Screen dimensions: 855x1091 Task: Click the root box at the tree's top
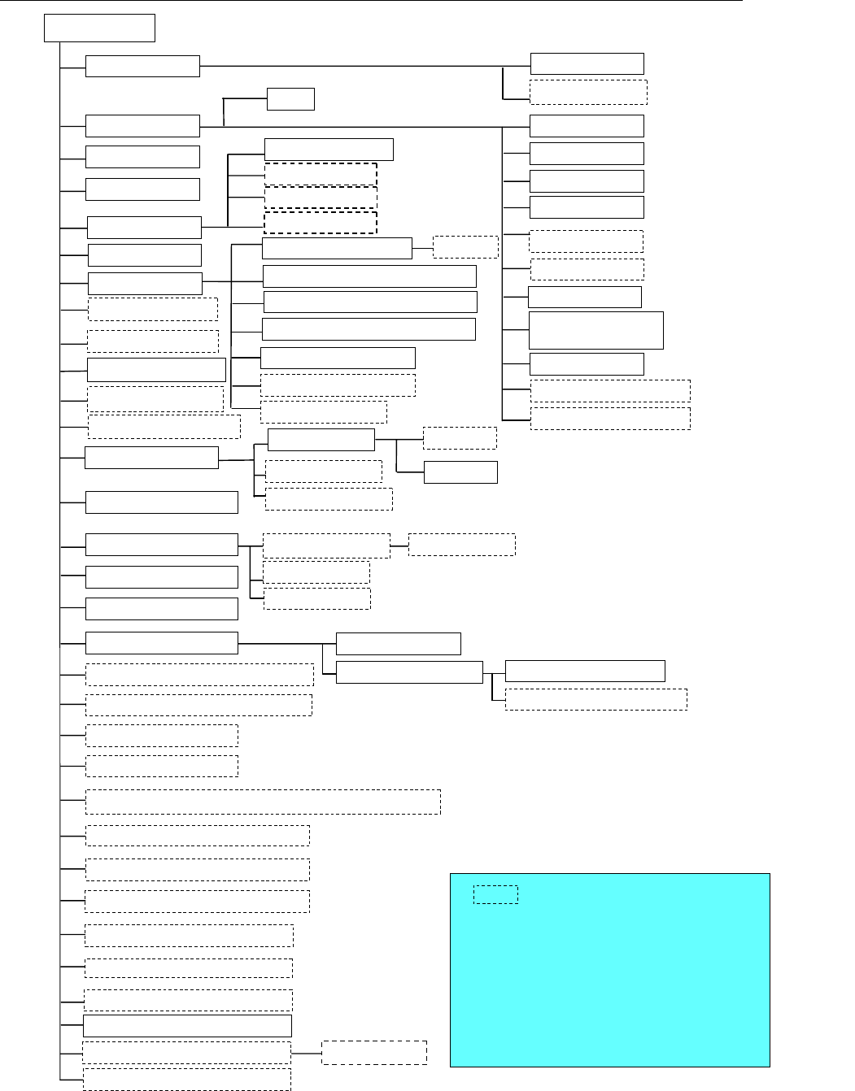(x=99, y=28)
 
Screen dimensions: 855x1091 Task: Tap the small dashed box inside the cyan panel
(x=495, y=894)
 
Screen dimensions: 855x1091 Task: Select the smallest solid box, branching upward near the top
(x=290, y=99)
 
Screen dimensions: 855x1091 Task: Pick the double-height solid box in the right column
(x=595, y=329)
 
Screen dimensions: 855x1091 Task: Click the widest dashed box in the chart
(x=263, y=802)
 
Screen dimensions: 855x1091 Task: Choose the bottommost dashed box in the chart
(x=187, y=1079)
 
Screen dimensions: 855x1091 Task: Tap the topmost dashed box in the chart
(x=588, y=92)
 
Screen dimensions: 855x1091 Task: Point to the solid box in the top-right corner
(x=587, y=63)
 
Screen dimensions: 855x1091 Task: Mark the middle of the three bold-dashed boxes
(x=321, y=198)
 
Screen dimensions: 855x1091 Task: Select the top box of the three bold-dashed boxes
(x=321, y=174)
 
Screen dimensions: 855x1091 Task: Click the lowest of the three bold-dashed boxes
(x=321, y=222)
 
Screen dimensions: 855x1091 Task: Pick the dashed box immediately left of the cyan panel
(x=374, y=1052)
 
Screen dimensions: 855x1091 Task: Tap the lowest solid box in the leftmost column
(x=187, y=1025)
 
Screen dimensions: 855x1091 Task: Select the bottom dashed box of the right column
(x=610, y=418)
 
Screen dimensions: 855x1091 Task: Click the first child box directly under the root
(x=142, y=66)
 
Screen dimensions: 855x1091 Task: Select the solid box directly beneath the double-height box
(x=587, y=363)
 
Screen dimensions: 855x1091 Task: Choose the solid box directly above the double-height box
(x=585, y=297)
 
